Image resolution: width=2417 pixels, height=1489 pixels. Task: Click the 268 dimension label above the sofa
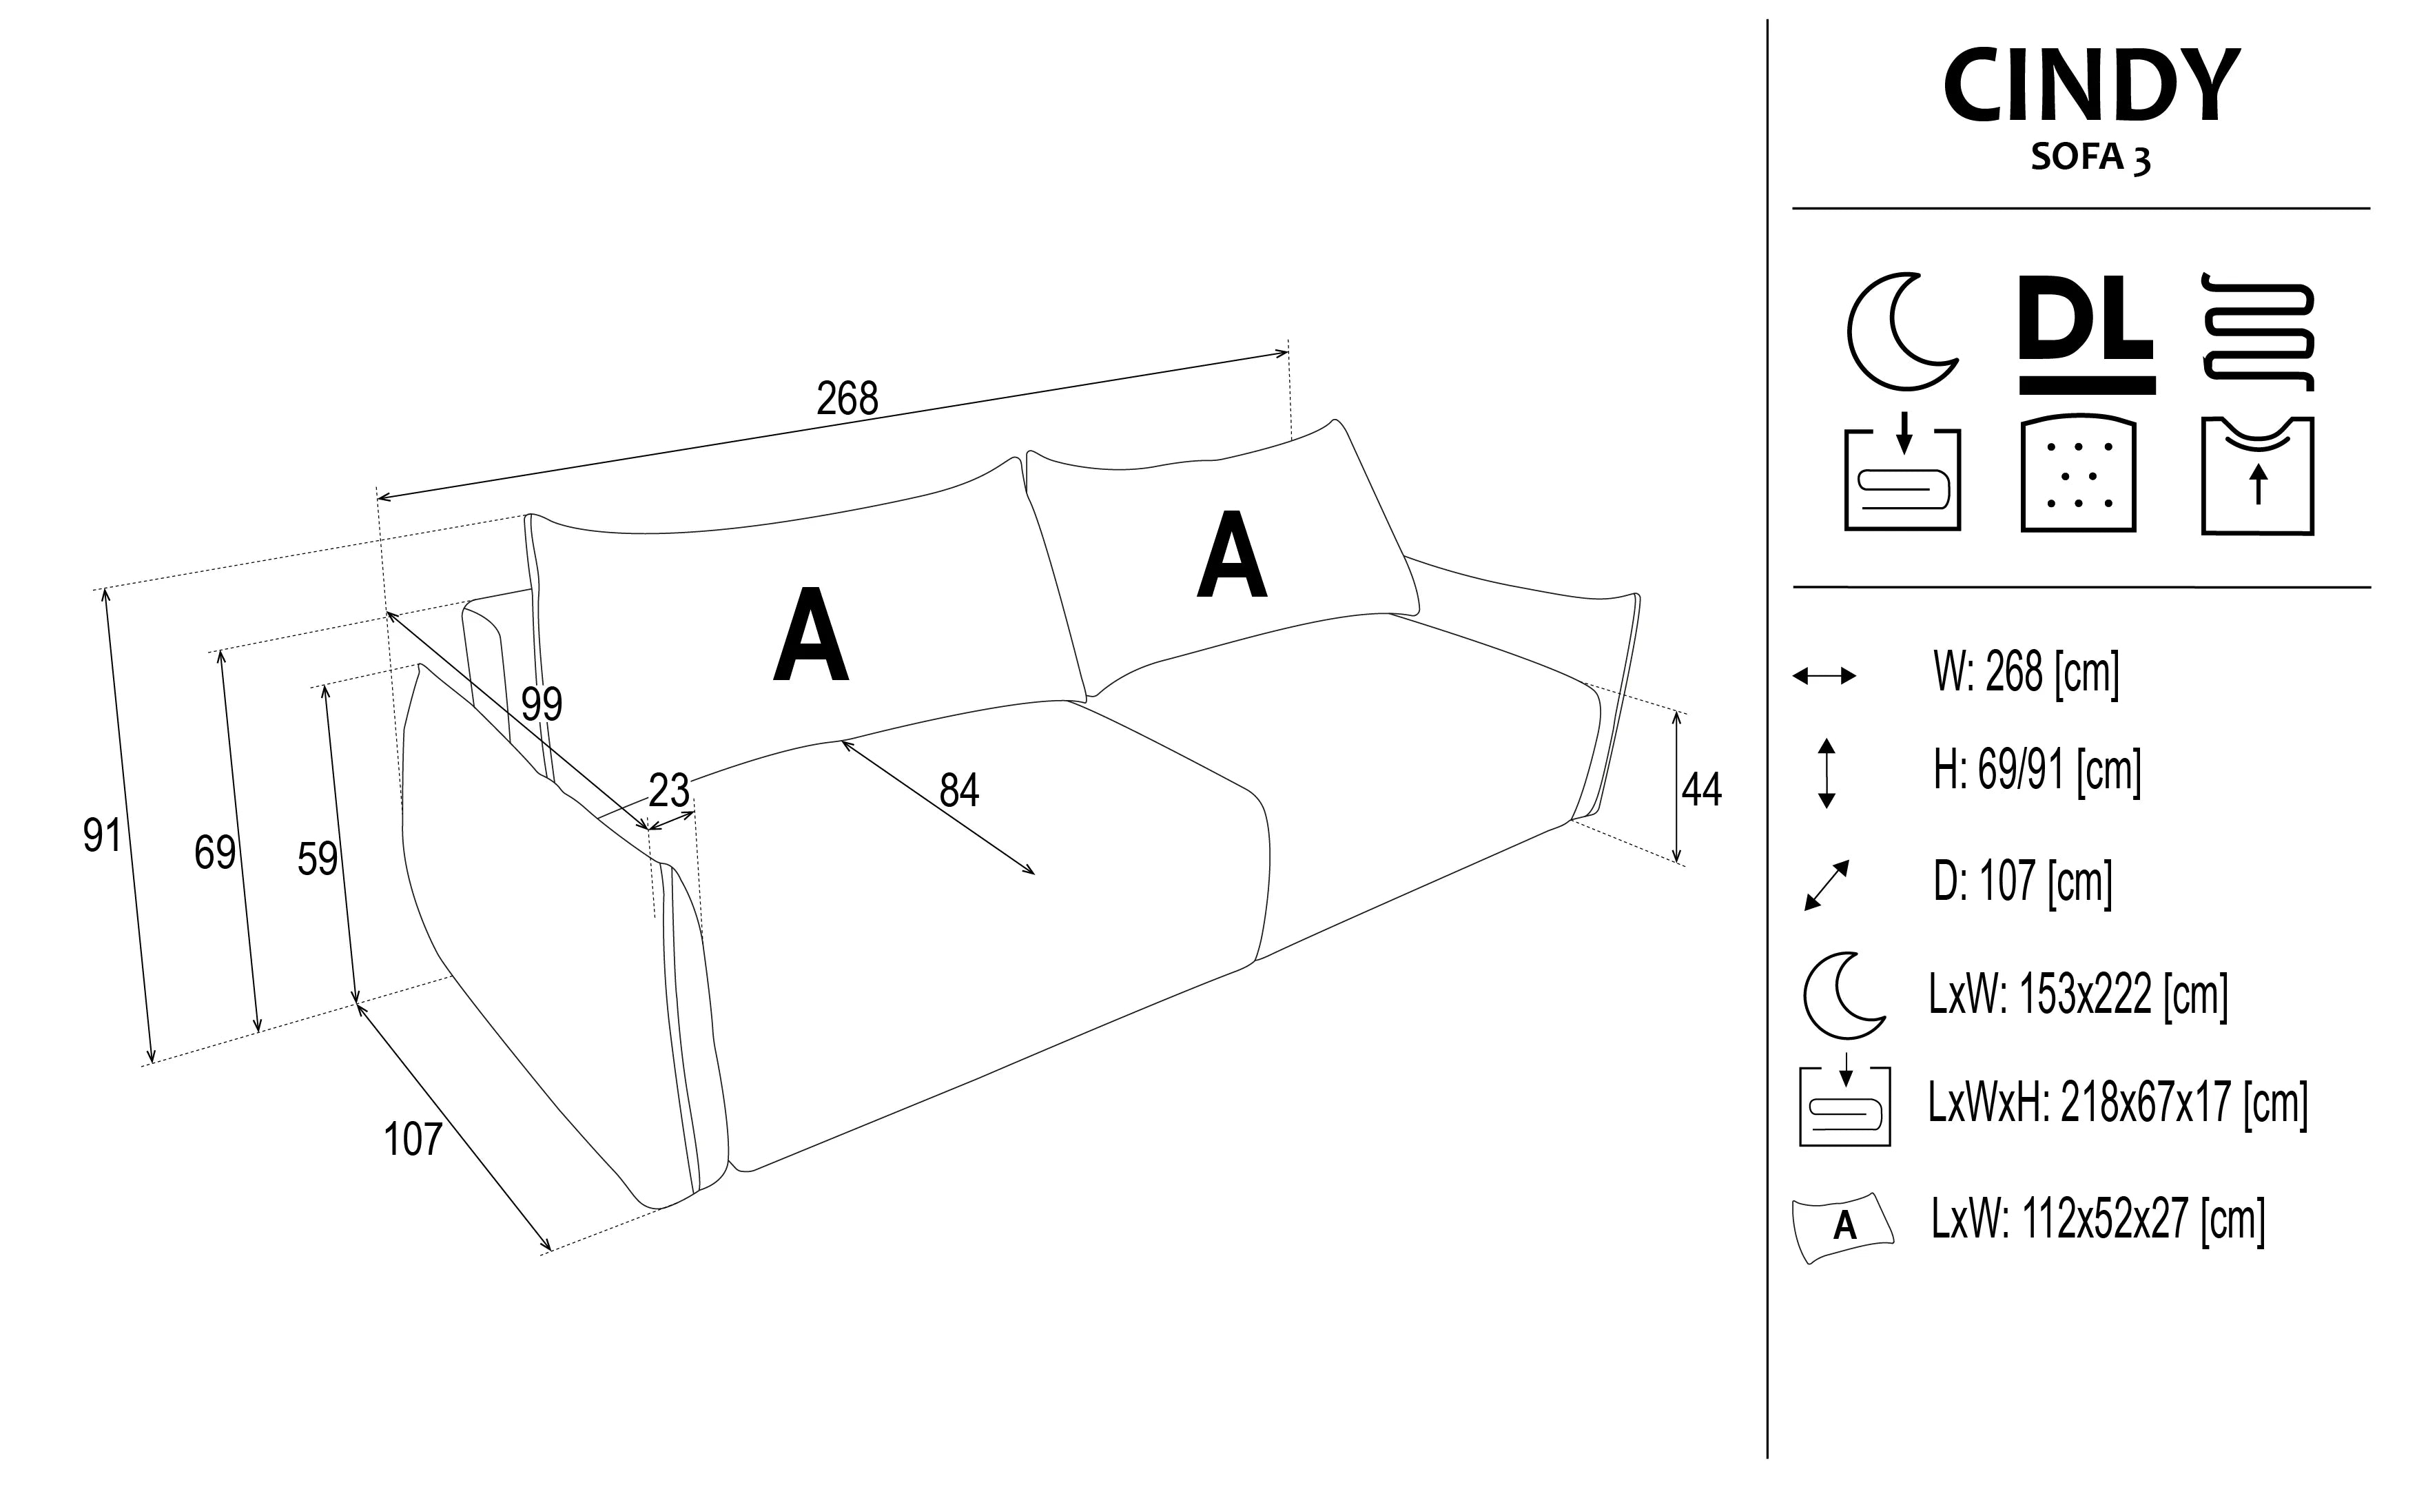coord(847,399)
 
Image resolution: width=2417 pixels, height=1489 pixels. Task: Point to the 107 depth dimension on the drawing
coord(413,1140)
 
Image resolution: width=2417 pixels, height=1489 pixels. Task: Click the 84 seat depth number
coord(959,790)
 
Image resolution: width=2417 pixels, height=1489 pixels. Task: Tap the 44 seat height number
coord(1701,789)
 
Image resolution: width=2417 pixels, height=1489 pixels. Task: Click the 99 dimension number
coord(542,704)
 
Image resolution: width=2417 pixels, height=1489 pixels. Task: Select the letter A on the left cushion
coord(810,635)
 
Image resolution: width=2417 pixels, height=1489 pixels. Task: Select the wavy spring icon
coord(2258,332)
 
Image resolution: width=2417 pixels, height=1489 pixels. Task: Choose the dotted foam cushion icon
coord(2078,475)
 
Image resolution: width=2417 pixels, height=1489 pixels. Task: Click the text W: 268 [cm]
coord(2026,674)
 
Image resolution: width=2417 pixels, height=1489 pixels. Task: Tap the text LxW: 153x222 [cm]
coord(2078,995)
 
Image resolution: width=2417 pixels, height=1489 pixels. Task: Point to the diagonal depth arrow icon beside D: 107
coord(1827,884)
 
